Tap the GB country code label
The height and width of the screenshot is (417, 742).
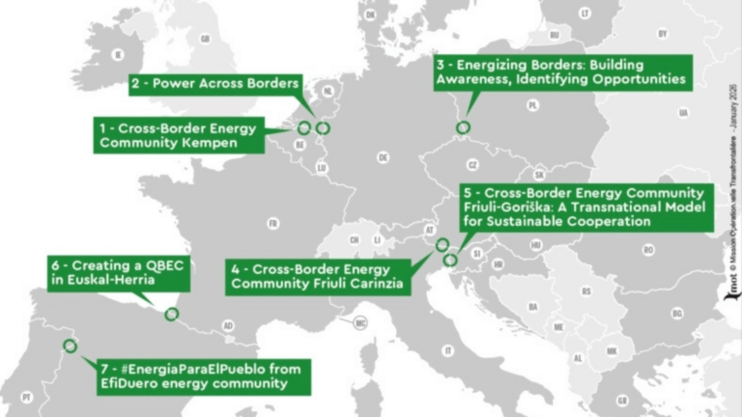coord(204,39)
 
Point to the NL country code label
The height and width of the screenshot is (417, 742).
coord(328,92)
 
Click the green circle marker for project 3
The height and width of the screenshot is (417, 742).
coord(463,127)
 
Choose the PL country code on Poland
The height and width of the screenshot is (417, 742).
coord(532,105)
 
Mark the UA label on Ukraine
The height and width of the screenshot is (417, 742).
coord(683,113)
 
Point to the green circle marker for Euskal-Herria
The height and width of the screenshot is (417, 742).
coord(172,313)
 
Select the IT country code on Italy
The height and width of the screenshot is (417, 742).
coord(447,350)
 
